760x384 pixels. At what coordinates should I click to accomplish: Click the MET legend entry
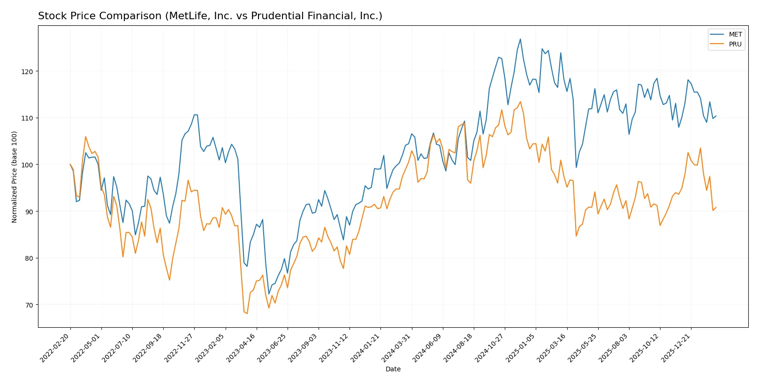735,34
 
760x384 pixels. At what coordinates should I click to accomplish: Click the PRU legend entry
735,44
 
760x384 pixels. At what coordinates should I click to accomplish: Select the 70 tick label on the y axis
29,305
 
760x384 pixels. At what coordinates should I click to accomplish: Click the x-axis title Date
393,369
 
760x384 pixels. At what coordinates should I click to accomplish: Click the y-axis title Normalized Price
15,177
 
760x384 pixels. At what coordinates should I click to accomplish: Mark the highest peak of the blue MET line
520,39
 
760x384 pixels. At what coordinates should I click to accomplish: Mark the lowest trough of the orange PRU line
247,313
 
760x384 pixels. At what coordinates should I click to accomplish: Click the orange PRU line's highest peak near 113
520,102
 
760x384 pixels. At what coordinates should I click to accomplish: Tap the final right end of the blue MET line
716,116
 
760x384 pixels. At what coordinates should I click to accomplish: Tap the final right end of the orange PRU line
716,207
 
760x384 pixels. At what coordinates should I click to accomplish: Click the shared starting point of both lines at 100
70,165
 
